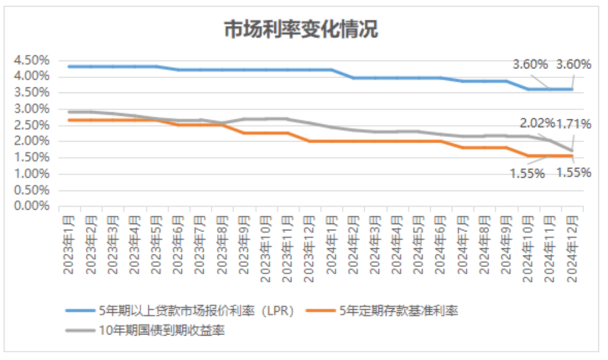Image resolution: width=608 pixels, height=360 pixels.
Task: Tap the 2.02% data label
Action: click(538, 123)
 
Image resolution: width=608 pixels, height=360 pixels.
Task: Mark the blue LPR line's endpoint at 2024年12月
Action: click(572, 89)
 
